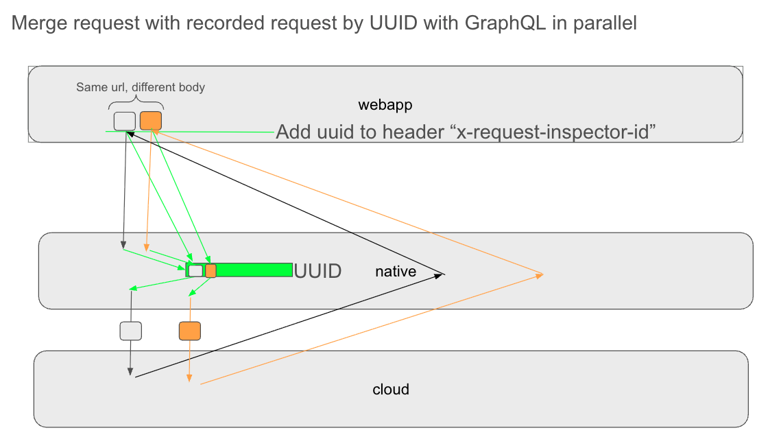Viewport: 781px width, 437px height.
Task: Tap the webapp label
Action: coord(385,105)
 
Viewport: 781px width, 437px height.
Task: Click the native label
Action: coord(396,272)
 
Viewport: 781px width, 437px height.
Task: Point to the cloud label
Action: coord(391,390)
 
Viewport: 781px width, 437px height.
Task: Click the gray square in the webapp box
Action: coord(125,121)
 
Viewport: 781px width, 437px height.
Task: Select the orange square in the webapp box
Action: coord(151,121)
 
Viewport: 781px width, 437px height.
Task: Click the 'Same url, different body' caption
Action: coord(140,87)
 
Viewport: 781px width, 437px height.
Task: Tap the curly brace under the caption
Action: coord(136,103)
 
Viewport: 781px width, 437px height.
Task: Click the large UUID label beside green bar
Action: coord(317,271)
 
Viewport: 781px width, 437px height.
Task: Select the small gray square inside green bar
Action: coord(195,271)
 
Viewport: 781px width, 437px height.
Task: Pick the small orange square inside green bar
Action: coord(211,271)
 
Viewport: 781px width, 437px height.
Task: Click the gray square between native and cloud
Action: coord(130,331)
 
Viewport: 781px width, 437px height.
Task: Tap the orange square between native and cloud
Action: coord(190,331)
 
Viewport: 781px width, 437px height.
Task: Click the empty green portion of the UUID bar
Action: coord(254,270)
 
